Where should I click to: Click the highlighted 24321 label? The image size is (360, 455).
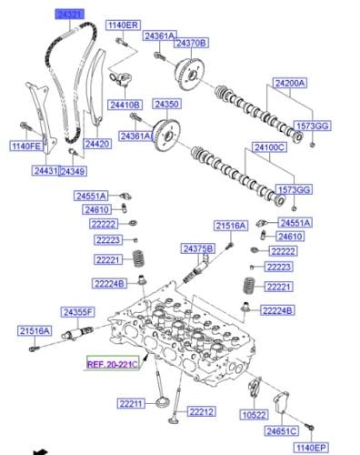pyautogui.click(x=69, y=15)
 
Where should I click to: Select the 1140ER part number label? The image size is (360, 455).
pyautogui.click(x=123, y=25)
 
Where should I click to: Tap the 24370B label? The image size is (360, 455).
pyautogui.click(x=191, y=43)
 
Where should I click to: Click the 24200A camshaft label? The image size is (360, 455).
pyautogui.click(x=290, y=83)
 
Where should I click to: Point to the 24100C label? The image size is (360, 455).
pyautogui.click(x=269, y=147)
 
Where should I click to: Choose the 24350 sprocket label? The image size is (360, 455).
pyautogui.click(x=167, y=104)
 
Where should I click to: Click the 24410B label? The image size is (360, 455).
pyautogui.click(x=125, y=105)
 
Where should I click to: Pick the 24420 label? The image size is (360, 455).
pyautogui.click(x=97, y=144)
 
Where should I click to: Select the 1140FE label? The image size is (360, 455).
pyautogui.click(x=26, y=147)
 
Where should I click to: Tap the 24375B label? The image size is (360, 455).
pyautogui.click(x=198, y=248)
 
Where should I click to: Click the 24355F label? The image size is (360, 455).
pyautogui.click(x=78, y=312)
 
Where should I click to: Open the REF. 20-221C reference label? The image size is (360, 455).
pyautogui.click(x=113, y=364)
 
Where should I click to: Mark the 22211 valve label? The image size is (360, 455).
pyautogui.click(x=131, y=404)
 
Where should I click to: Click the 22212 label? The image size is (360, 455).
pyautogui.click(x=202, y=411)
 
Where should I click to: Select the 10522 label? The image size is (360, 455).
pyautogui.click(x=255, y=415)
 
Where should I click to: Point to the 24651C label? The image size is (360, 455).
pyautogui.click(x=282, y=431)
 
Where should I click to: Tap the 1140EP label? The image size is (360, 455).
pyautogui.click(x=311, y=448)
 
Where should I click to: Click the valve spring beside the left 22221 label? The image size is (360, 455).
pyautogui.click(x=139, y=258)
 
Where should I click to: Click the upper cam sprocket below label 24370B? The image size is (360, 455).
pyautogui.click(x=190, y=74)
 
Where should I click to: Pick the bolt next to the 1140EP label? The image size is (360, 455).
pyautogui.click(x=310, y=429)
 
